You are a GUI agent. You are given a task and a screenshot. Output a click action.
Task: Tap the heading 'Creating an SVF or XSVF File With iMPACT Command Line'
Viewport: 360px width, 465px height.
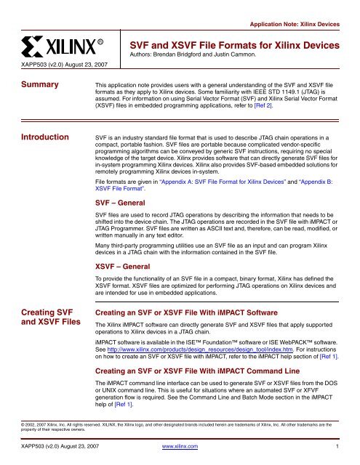tap(209, 379)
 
